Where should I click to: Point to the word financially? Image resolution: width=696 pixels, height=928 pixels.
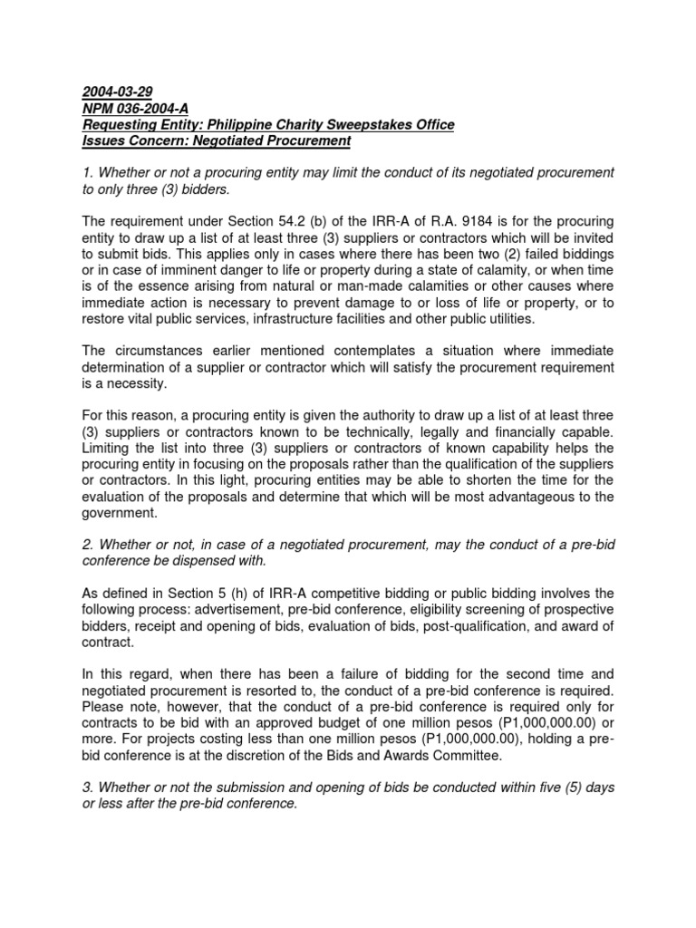(517, 431)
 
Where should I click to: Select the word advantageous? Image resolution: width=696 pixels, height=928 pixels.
(536, 497)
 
